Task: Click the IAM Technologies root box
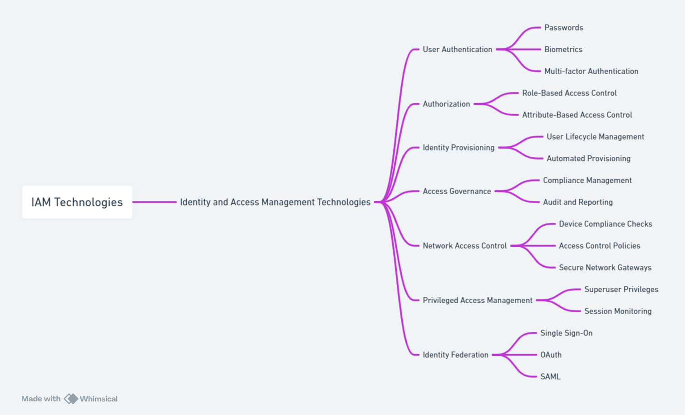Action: click(77, 202)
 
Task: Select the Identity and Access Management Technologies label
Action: click(275, 202)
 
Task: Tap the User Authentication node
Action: click(457, 50)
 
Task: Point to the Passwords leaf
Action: click(563, 28)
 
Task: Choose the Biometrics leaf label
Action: click(563, 50)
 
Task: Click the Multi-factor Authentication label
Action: click(591, 71)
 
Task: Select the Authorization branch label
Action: click(446, 104)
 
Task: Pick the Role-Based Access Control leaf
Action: click(569, 93)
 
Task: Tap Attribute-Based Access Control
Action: click(577, 115)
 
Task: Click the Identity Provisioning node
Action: click(458, 148)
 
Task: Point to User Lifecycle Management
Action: click(595, 137)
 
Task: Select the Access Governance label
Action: click(457, 191)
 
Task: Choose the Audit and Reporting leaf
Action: click(577, 202)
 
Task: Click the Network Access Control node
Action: click(464, 246)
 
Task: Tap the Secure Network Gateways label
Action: click(605, 268)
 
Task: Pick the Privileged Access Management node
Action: click(477, 300)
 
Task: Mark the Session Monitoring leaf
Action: click(618, 311)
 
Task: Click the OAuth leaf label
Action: click(551, 355)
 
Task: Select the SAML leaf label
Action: click(550, 377)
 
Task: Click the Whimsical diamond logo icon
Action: click(71, 399)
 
